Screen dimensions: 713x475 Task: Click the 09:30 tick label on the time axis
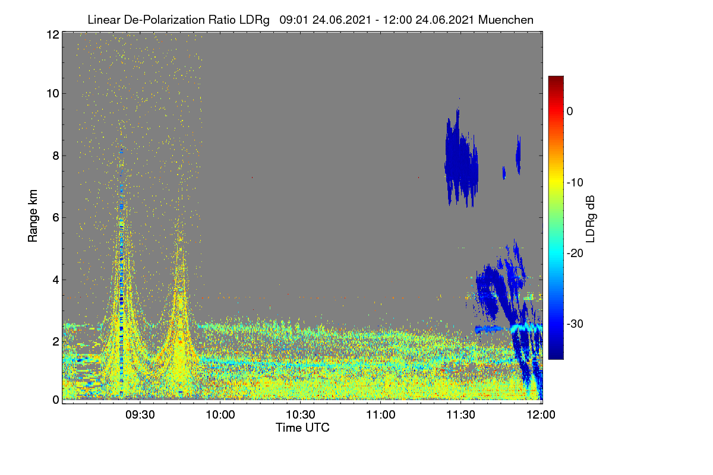[140, 415]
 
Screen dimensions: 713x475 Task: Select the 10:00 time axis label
[220, 415]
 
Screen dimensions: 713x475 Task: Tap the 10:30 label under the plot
[301, 415]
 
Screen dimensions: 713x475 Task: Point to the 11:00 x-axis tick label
[381, 415]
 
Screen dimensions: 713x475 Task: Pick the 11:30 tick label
[460, 415]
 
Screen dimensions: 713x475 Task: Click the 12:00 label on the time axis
[541, 415]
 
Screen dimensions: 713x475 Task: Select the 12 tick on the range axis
[53, 34]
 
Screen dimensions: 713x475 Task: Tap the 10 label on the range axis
[53, 94]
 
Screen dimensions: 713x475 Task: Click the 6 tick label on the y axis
[56, 218]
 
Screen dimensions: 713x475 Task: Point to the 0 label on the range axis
[56, 400]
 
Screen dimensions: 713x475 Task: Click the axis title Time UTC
[302, 427]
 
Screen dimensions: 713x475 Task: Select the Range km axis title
[33, 216]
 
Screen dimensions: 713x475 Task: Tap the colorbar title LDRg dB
[591, 219]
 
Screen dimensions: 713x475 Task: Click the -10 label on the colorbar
[575, 183]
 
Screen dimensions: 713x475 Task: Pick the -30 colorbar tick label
[575, 324]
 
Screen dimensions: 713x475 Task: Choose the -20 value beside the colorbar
[575, 254]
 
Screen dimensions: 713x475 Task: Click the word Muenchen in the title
[506, 20]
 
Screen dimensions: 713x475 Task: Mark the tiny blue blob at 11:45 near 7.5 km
[504, 173]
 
